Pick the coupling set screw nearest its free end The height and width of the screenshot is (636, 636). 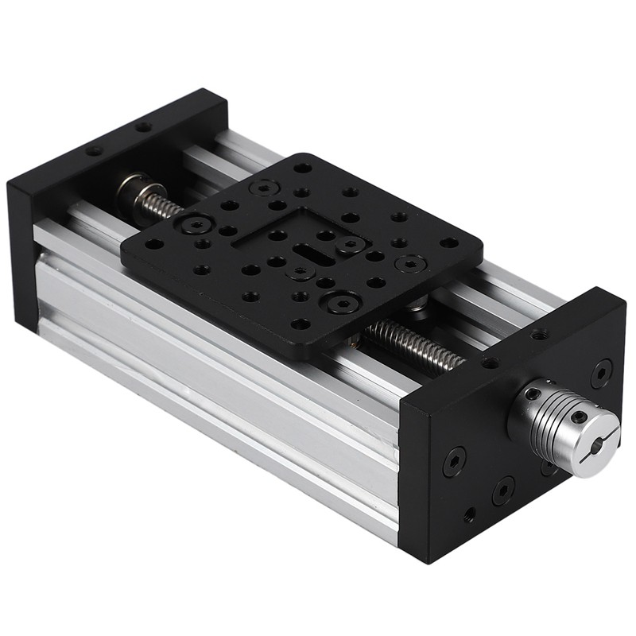pyautogui.click(x=579, y=416)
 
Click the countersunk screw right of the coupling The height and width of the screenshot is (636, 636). pyautogui.click(x=601, y=371)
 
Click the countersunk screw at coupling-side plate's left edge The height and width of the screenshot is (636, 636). pyautogui.click(x=454, y=460)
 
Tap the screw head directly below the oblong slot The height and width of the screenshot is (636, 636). pyautogui.click(x=301, y=273)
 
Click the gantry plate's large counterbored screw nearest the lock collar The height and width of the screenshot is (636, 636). pyautogui.click(x=195, y=225)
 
